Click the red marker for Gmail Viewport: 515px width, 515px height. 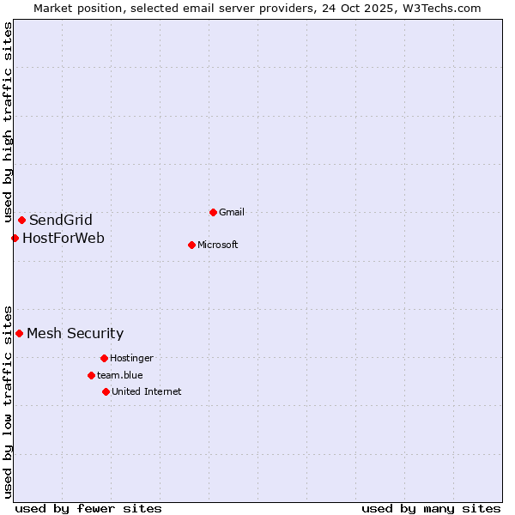[213, 212]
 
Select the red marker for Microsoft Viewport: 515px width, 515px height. [191, 245]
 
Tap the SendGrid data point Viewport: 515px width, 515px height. [21, 220]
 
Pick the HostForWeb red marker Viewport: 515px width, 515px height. [15, 238]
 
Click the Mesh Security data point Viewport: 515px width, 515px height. [19, 333]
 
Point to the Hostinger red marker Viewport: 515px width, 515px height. [104, 358]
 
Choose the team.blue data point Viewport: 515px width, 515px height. [91, 375]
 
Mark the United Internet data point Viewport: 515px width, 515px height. [106, 391]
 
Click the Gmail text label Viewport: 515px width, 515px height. [233, 212]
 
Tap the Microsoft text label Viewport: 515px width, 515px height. [218, 245]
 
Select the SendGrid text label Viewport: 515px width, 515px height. [61, 220]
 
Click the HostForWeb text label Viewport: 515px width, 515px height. [64, 238]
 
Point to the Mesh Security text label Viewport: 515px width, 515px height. [76, 333]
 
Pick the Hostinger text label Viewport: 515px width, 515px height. [131, 358]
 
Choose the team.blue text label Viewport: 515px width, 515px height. [120, 375]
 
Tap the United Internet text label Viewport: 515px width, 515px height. [147, 391]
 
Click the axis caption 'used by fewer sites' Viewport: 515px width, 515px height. [88, 508]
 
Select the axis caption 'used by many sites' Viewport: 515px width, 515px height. [431, 508]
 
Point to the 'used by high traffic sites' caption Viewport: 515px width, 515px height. [8, 123]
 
